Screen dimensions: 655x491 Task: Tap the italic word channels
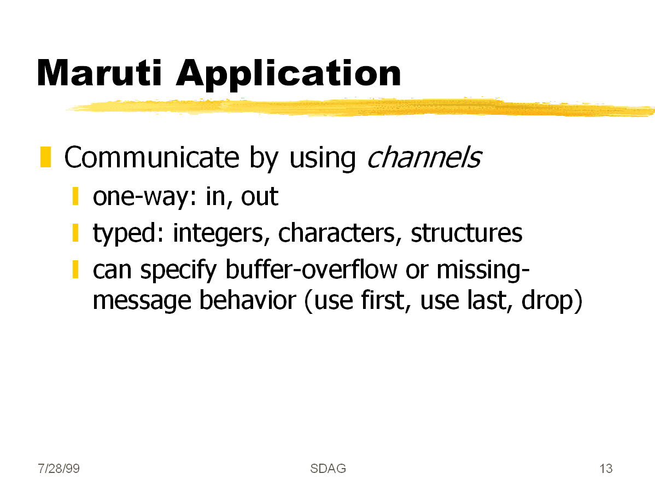[424, 157]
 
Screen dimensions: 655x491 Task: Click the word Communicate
[151, 157]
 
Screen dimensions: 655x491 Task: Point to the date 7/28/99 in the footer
[59, 469]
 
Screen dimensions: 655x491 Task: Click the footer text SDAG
[328, 469]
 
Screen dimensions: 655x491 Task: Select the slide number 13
[606, 469]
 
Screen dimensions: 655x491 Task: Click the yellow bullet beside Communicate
[45, 157]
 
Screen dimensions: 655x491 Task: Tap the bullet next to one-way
[75, 196]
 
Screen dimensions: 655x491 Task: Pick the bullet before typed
[75, 233]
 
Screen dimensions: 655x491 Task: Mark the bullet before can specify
[75, 269]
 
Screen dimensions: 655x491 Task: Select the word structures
[466, 233]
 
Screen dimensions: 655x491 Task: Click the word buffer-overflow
[311, 270]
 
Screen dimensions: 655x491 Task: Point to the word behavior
[247, 300]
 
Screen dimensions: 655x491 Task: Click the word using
[322, 159]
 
